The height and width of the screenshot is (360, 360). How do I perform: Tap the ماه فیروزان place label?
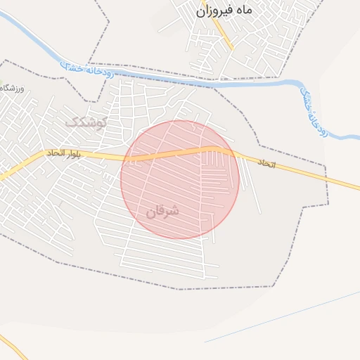coord(224,11)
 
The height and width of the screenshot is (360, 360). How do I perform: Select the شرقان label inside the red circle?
coord(162,210)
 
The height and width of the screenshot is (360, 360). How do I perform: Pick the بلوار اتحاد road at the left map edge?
coord(4,174)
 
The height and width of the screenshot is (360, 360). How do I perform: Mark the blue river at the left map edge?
coord(4,18)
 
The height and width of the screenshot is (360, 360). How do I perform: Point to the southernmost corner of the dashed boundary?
coord(181,289)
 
